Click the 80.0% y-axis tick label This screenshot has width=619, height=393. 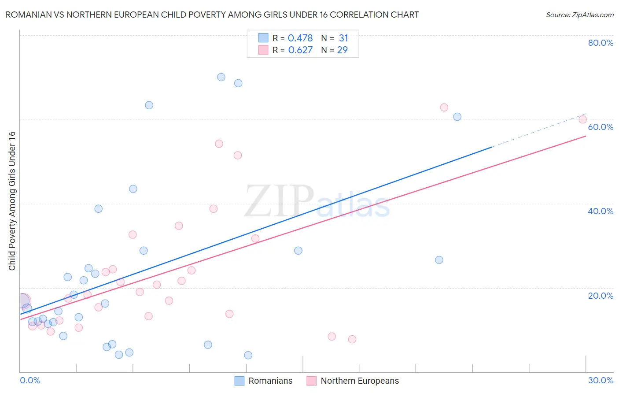click(x=601, y=43)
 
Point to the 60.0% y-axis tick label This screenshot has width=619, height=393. click(x=601, y=127)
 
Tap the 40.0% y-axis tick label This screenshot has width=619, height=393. click(x=601, y=211)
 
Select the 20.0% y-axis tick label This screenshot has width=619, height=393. click(x=601, y=296)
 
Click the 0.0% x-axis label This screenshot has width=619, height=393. click(x=30, y=380)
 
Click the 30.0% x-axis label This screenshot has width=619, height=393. click(x=601, y=380)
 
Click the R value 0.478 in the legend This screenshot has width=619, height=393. click(x=300, y=38)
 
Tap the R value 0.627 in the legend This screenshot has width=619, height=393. click(x=300, y=50)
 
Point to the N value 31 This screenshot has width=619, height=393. click(x=343, y=38)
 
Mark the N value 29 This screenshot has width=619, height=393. click(x=342, y=50)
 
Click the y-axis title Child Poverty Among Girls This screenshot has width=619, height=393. click(x=12, y=201)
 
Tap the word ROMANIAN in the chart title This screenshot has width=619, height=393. click(x=28, y=15)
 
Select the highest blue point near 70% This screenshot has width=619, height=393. click(x=221, y=77)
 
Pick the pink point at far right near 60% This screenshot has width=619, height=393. click(x=582, y=119)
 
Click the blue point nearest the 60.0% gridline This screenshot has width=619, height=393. click(x=457, y=117)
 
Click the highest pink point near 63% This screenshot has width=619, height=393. click(x=444, y=108)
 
